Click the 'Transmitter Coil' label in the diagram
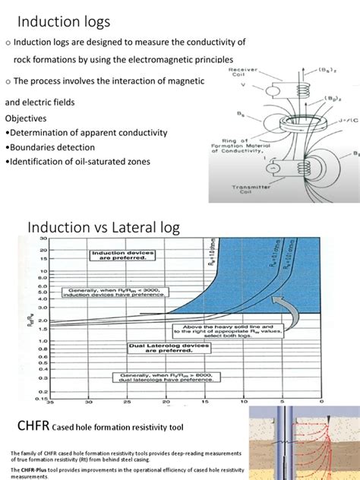[x=242, y=188]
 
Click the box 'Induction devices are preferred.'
[x=124, y=256]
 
